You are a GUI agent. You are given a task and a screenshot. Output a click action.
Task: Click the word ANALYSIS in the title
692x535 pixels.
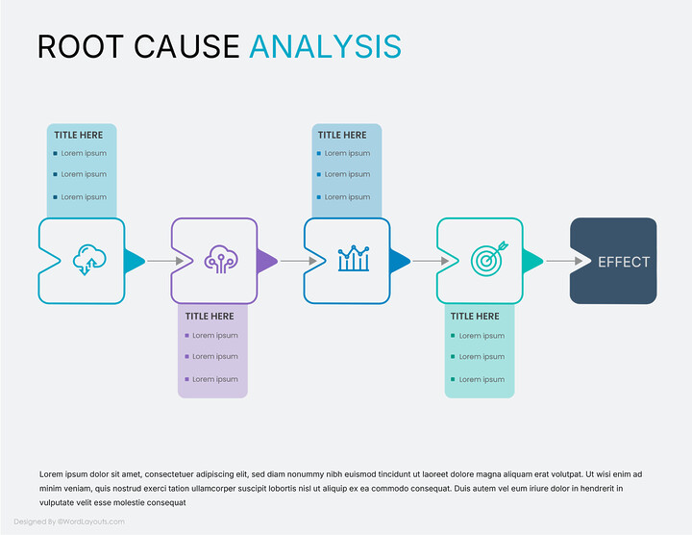pos(325,45)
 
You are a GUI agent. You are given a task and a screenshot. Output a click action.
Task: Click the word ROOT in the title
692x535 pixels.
pos(76,45)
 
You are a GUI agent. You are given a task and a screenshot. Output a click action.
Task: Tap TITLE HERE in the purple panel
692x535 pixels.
pos(210,316)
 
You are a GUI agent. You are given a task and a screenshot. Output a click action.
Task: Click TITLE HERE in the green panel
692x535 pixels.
pos(475,316)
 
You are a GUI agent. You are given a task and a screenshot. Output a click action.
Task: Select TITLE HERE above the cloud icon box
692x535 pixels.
pos(78,136)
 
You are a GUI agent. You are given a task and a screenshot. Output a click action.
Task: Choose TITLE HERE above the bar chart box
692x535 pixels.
pos(342,136)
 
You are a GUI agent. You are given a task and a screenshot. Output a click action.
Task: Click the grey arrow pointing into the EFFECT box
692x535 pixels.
pos(564,261)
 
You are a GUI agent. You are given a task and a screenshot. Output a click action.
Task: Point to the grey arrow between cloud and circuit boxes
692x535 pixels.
pos(165,261)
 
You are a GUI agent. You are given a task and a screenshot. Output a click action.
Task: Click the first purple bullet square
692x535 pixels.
pos(185,336)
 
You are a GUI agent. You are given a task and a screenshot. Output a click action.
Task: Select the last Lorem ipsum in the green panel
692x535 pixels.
pos(481,379)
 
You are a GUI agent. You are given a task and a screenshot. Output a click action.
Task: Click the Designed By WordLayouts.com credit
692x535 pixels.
pos(69,522)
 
